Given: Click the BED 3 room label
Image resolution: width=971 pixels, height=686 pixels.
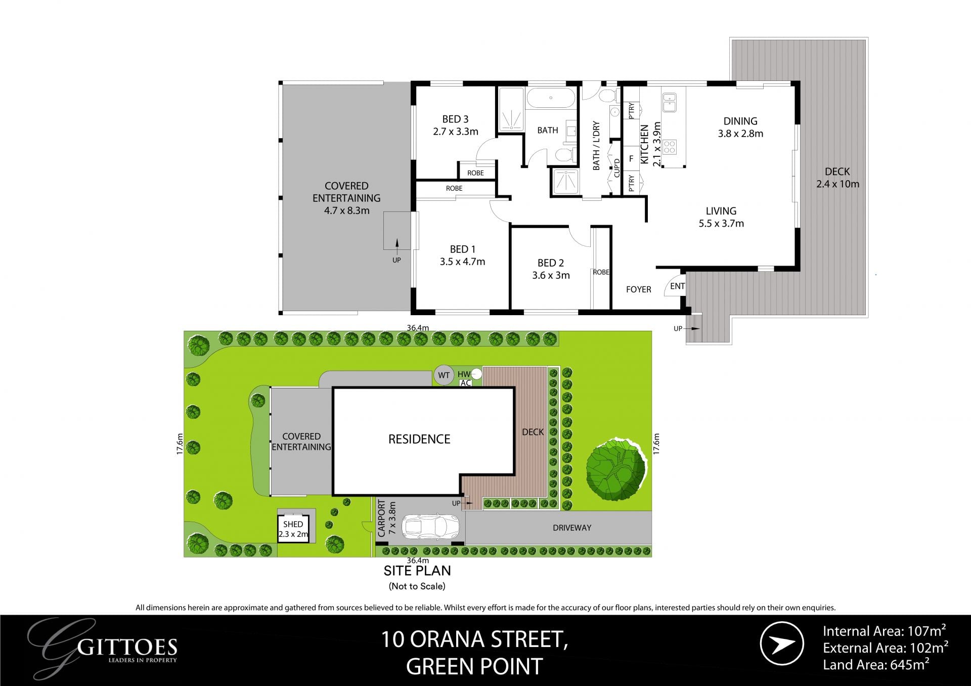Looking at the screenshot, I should (455, 119).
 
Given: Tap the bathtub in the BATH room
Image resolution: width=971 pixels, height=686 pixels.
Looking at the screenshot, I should (551, 98).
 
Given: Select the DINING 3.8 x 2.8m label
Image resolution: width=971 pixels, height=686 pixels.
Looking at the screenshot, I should (740, 127).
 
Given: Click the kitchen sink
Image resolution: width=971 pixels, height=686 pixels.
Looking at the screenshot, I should (670, 102).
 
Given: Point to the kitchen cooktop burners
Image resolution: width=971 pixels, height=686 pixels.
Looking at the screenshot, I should (670, 147).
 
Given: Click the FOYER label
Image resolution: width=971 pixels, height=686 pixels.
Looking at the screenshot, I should (638, 289).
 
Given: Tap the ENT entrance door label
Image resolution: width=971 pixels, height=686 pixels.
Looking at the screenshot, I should (677, 286).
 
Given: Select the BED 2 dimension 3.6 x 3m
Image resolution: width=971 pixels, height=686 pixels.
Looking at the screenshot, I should (551, 276).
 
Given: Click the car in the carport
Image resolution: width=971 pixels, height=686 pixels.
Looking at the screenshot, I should (430, 527).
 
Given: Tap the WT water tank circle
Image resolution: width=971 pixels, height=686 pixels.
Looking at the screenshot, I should (444, 375).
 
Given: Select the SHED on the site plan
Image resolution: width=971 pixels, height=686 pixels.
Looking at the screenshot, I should (293, 529).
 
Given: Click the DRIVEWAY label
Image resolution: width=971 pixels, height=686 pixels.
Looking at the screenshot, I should (571, 528).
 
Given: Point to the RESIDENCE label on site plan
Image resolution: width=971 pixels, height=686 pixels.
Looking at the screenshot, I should (419, 439).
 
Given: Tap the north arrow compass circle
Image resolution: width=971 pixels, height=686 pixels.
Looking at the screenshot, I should (781, 644).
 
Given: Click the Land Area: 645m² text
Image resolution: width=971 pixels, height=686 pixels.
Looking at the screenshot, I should (876, 665).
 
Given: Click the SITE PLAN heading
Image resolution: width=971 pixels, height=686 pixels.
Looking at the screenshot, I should (417, 571).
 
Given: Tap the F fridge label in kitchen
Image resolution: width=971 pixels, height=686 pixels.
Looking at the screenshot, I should (631, 159).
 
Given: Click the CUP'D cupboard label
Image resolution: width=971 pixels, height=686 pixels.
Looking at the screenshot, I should (616, 168).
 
